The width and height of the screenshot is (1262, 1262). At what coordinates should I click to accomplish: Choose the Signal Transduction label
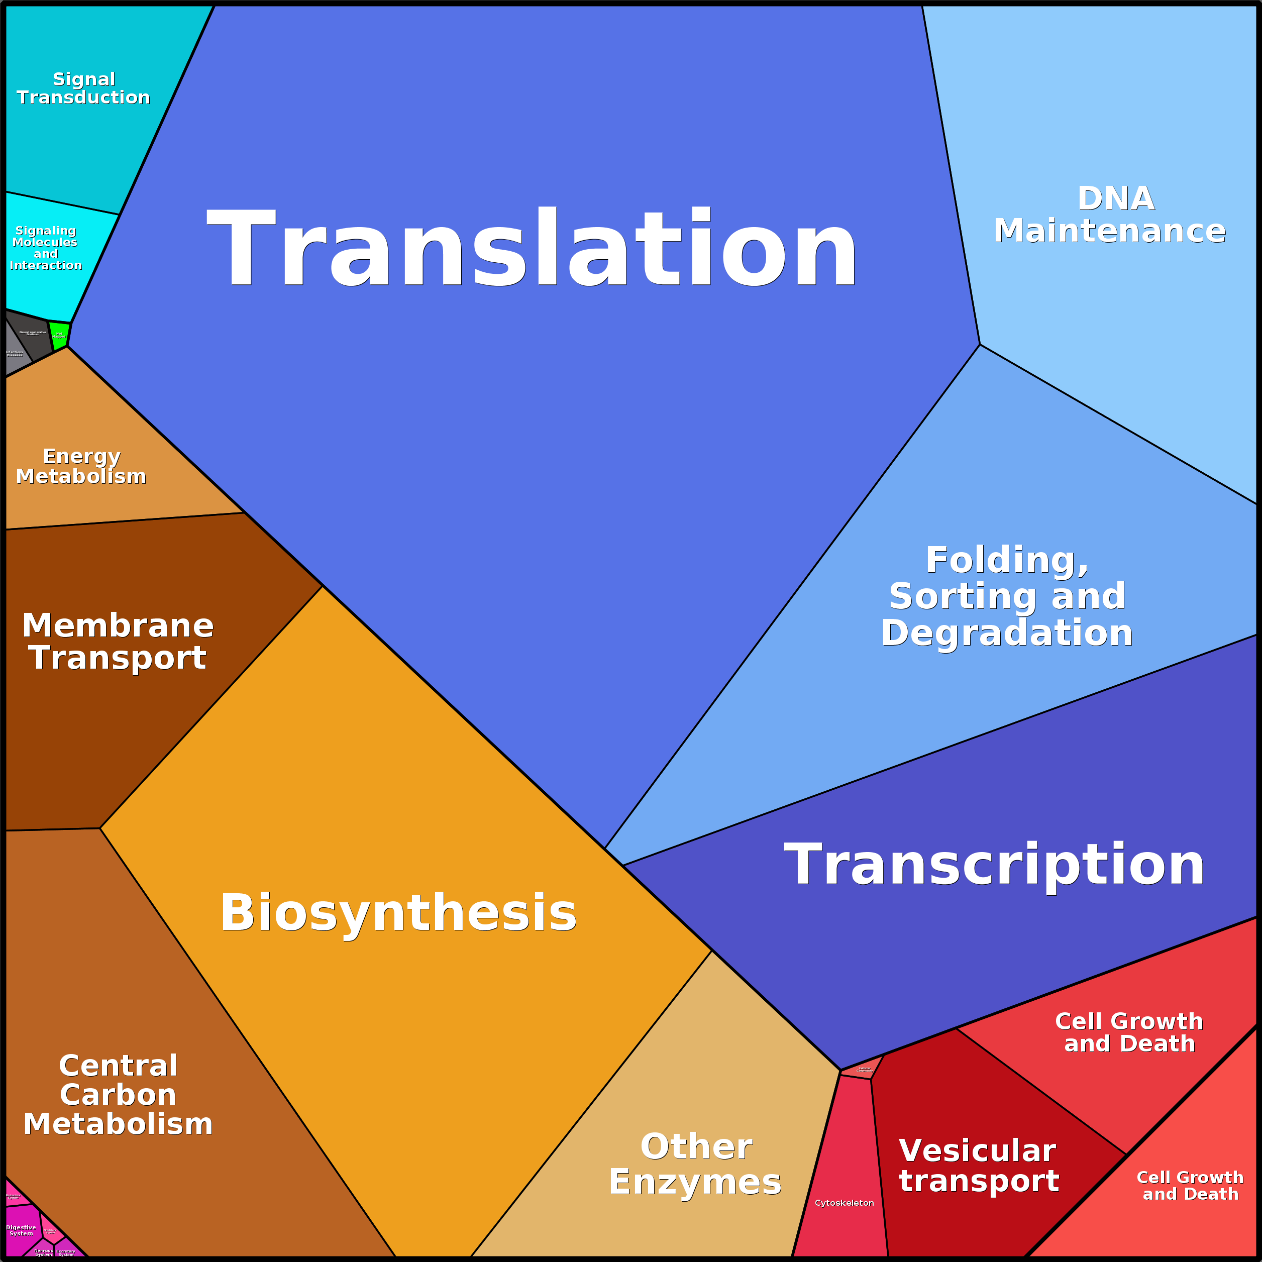(x=83, y=88)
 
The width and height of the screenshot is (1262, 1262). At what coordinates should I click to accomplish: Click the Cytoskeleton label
(x=844, y=1203)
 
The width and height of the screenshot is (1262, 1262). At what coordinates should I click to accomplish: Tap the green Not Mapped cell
(x=59, y=336)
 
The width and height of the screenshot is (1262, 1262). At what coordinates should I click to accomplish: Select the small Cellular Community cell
(x=863, y=1070)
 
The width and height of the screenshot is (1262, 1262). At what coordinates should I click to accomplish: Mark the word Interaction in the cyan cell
(x=46, y=265)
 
